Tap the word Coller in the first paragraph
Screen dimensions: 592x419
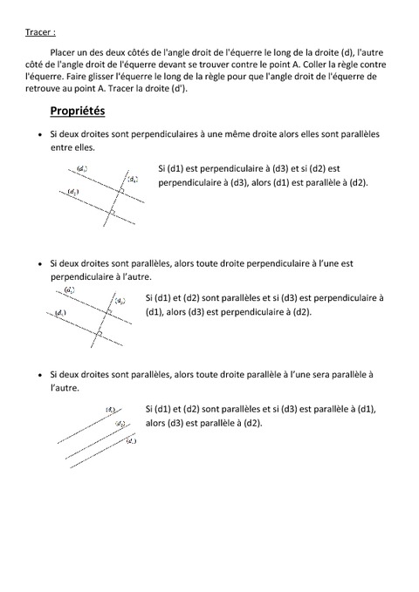click(323, 65)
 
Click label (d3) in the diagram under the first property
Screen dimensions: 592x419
click(131, 178)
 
